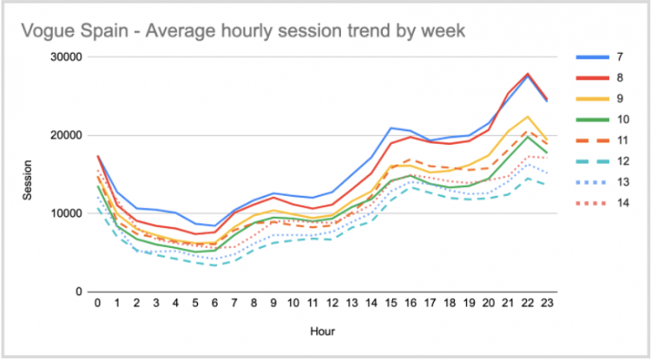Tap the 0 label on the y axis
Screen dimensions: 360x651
78,291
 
